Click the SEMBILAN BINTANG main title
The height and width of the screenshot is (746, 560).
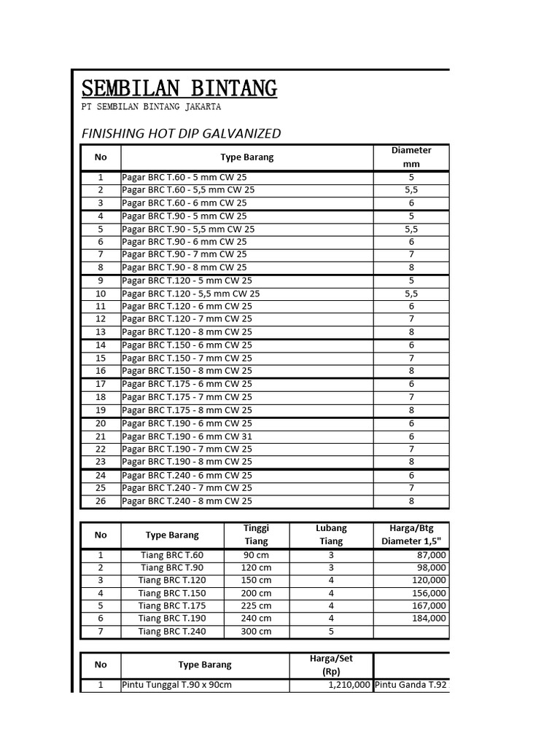179,89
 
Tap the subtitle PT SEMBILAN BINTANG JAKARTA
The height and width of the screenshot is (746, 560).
151,107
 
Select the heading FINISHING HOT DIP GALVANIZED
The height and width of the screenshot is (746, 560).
180,133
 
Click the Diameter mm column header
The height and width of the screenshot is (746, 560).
411,157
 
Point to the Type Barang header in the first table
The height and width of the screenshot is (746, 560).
247,157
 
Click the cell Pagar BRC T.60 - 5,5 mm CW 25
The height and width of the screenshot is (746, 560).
188,190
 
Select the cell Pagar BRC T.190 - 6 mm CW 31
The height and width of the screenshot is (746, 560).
187,436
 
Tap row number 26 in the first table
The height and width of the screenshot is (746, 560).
101,501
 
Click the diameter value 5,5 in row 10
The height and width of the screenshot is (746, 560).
411,294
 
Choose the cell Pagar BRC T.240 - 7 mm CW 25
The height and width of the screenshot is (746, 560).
187,488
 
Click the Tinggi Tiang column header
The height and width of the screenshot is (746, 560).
256,535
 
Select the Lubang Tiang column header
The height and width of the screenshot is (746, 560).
331,535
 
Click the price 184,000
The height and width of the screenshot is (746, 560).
428,619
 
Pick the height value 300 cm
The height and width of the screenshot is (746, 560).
256,632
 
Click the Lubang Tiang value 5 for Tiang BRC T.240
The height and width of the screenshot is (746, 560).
331,632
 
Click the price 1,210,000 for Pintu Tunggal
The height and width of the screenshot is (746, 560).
346,686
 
